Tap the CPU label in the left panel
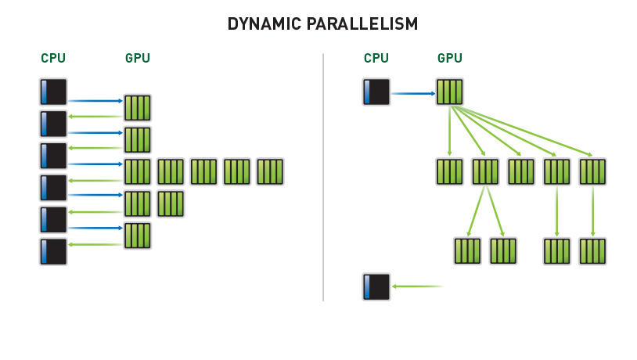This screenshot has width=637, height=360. click(x=53, y=58)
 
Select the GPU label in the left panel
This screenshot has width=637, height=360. click(x=138, y=58)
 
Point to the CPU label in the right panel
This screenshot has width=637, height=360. click(x=376, y=58)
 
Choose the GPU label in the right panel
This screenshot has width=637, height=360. click(x=450, y=58)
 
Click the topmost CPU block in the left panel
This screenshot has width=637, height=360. click(x=53, y=92)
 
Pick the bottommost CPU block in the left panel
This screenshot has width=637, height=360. click(x=53, y=252)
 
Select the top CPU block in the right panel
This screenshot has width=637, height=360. click(x=376, y=92)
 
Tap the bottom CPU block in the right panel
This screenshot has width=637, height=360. click(x=376, y=286)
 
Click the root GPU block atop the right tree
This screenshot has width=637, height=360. click(x=450, y=92)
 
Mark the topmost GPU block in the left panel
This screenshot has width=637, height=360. click(x=138, y=107)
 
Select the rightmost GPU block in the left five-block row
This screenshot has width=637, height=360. click(x=270, y=171)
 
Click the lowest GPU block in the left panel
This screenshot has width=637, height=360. click(x=138, y=236)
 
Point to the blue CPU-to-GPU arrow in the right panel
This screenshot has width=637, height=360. click(x=412, y=93)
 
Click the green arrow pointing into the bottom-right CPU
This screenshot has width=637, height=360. click(x=416, y=286)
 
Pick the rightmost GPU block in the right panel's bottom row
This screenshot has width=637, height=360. click(x=593, y=251)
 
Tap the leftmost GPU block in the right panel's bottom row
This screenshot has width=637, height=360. click(x=467, y=251)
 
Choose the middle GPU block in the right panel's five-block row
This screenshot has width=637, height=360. click(x=521, y=171)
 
